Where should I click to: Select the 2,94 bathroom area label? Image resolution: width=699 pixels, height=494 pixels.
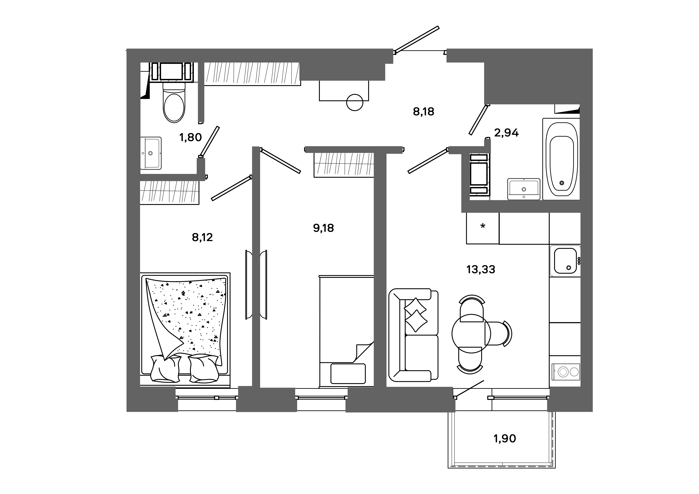click(x=506, y=133)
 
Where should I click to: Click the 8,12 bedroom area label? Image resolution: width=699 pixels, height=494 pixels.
click(x=202, y=237)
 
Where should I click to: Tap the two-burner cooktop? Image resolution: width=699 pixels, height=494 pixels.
click(x=566, y=372)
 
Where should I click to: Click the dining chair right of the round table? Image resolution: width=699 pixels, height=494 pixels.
click(x=498, y=334)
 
